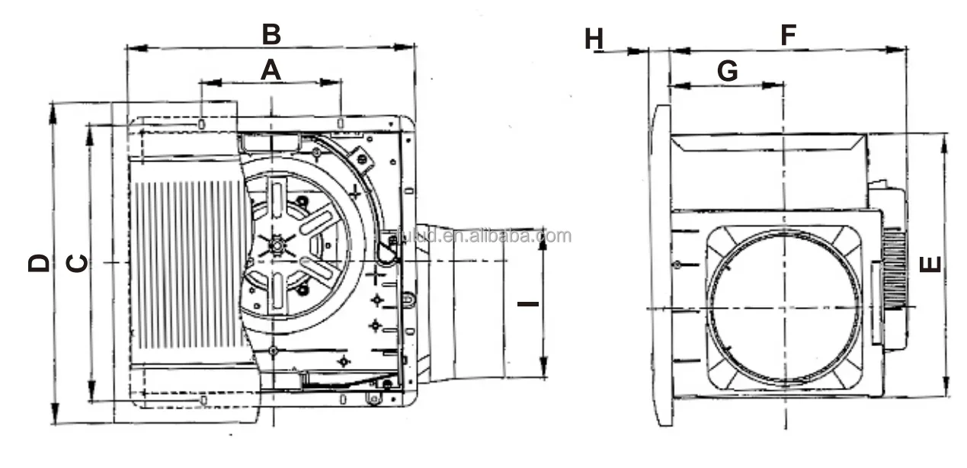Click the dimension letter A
pos(271,70)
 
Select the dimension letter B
pos(271,34)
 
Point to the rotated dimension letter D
pos(39,263)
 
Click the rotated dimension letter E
pos(930,264)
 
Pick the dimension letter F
pos(788,34)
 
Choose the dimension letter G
pos(728,71)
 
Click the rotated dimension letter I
pos(527,303)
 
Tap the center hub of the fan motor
pos(277,245)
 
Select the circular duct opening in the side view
pos(785,307)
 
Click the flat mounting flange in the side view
pos(661,264)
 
